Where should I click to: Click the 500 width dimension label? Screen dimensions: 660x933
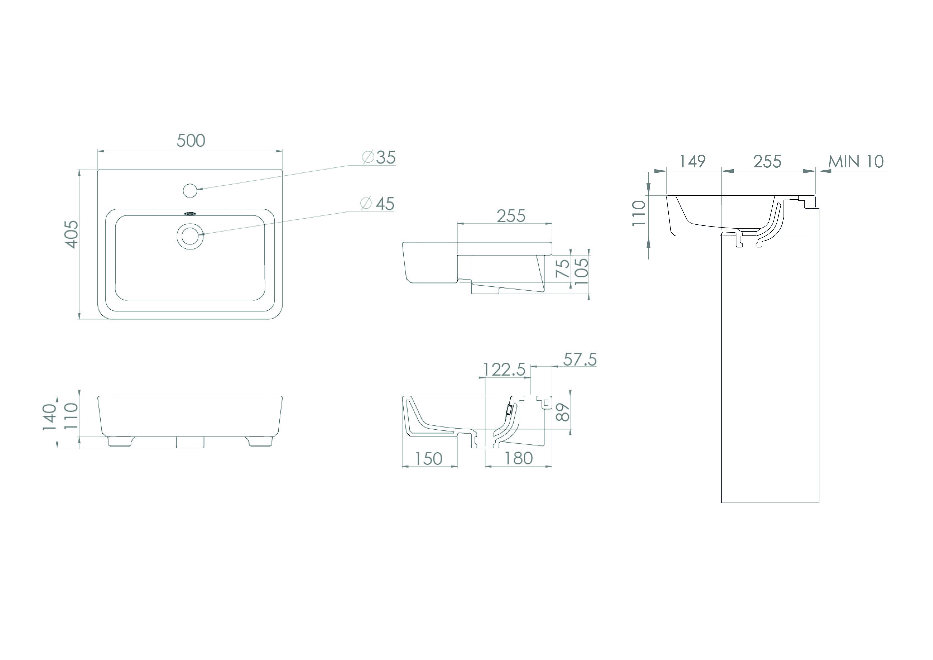pos(191,141)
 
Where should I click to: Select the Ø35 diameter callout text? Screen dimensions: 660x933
pos(379,157)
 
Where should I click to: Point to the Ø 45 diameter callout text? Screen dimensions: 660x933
pos(377,204)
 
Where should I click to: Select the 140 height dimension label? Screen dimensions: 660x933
pos(49,417)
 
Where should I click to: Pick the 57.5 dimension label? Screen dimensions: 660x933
pos(580,360)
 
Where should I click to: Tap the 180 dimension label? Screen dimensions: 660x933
pos(519,459)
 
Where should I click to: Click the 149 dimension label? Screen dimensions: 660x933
pos(692,162)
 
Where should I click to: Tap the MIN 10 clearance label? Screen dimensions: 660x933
pos(856,162)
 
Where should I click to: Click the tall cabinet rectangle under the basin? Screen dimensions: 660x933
pos(770,366)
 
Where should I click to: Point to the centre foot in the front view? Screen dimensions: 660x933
pos(190,443)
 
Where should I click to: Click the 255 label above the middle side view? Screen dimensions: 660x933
pos(511,216)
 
